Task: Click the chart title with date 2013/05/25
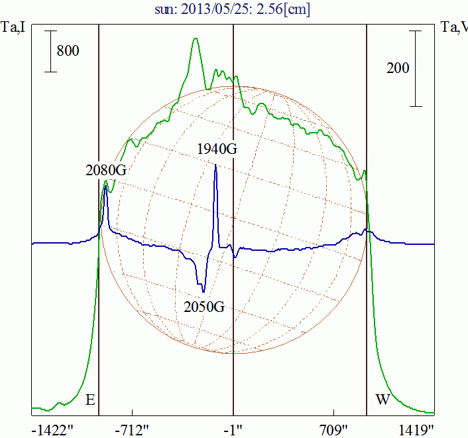click(233, 10)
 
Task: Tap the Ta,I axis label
click(13, 29)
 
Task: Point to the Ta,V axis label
click(454, 29)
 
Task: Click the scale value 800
click(68, 50)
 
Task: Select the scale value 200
click(398, 68)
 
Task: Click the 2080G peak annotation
click(105, 170)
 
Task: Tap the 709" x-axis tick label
click(334, 429)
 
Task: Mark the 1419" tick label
click(416, 429)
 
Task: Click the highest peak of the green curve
click(196, 38)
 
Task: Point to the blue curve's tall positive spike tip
click(215, 165)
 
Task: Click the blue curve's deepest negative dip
click(204, 292)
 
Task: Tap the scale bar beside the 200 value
click(416, 68)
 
